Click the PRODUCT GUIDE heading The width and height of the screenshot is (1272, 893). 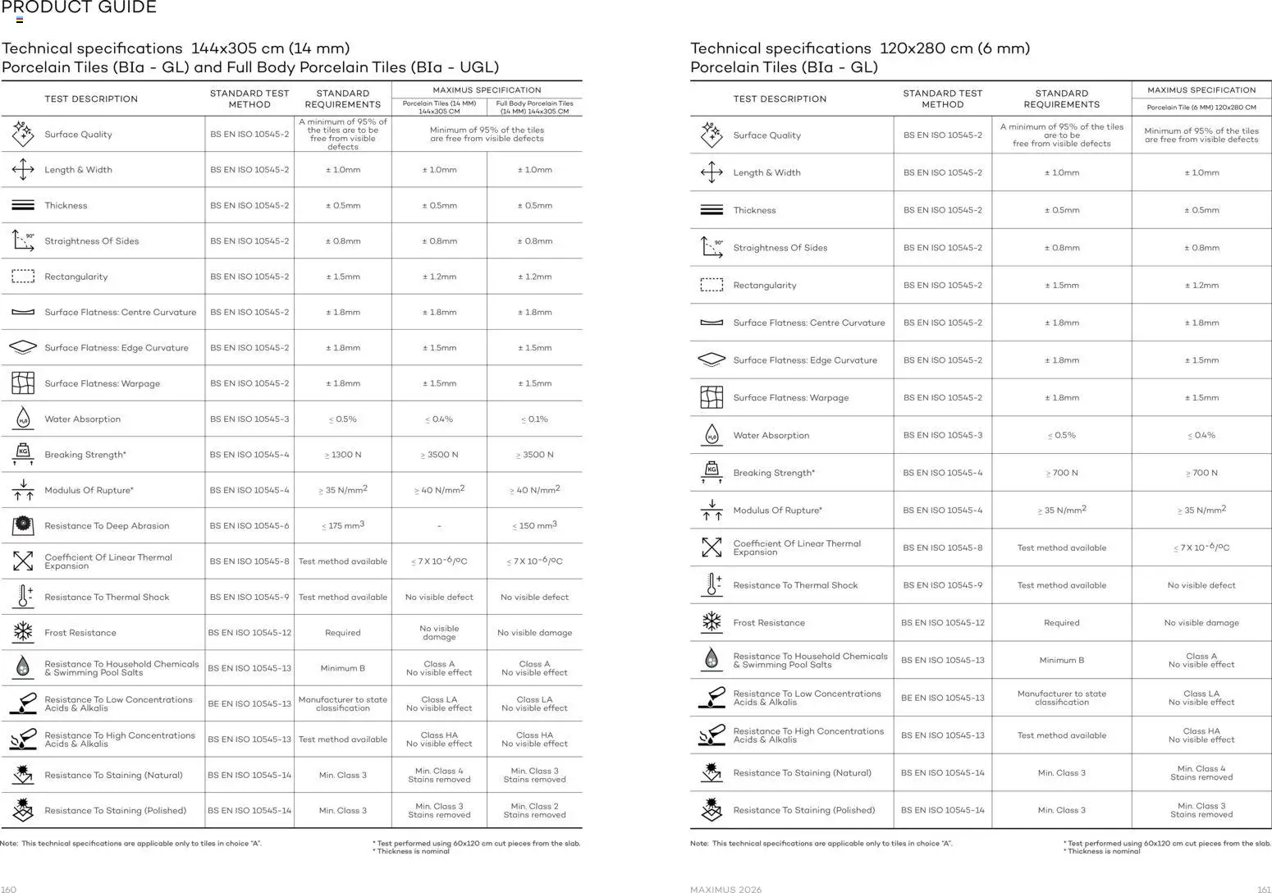coord(79,8)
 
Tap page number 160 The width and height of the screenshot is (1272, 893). coord(9,889)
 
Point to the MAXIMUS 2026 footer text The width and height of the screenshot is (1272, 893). coord(725,889)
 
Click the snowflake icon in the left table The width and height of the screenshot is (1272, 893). coord(23,632)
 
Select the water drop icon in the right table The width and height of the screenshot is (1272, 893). coord(711,435)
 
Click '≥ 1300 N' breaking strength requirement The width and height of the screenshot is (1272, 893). coord(342,455)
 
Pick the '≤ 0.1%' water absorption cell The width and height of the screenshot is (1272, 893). coord(534,419)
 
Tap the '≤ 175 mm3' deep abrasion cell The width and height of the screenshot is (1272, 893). coord(342,525)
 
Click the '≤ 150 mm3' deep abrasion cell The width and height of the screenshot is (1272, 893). coord(534,525)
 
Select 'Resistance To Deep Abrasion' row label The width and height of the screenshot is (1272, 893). coord(107,526)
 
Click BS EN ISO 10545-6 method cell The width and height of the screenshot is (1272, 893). coord(249,526)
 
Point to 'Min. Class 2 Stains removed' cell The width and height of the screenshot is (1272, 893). coord(534,810)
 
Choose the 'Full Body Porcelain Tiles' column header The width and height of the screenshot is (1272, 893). coord(534,107)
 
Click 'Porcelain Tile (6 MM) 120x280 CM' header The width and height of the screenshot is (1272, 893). coord(1201,108)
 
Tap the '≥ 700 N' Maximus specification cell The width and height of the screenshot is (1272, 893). coord(1201,473)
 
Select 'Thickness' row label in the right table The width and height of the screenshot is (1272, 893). coord(754,211)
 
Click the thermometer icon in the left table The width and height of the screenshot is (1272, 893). coord(23,597)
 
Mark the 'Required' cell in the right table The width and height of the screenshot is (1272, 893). coord(1061,623)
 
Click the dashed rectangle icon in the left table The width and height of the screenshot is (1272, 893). coord(23,277)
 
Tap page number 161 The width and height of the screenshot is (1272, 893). coord(1264,889)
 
